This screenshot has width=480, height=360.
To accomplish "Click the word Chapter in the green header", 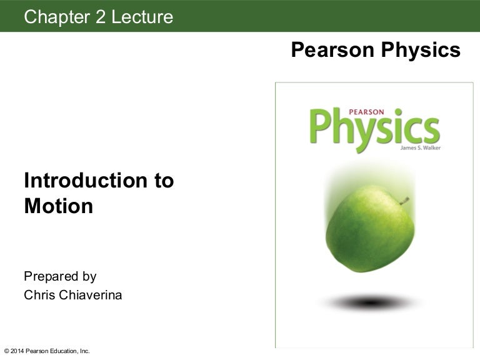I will (55, 17).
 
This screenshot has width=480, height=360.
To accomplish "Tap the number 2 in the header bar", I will (100, 17).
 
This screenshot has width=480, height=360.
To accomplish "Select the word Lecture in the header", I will (142, 17).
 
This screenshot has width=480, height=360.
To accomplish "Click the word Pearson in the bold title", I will (328, 50).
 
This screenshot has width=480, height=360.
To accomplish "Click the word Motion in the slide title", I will (58, 206).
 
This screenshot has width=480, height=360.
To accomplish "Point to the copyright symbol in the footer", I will (6, 351).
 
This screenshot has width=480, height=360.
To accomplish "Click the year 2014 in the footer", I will (17, 351).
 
